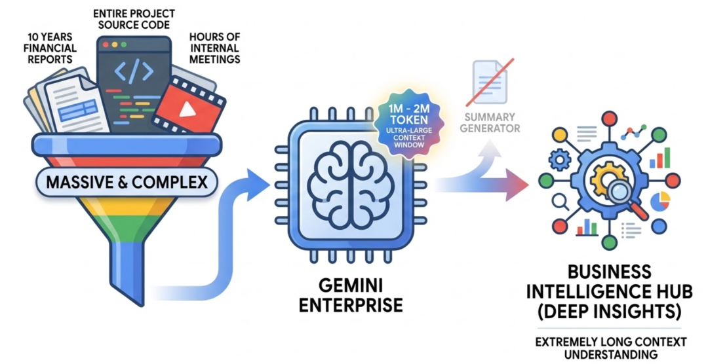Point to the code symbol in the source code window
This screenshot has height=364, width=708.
point(134,71)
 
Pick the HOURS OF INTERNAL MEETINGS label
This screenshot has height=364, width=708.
point(214,48)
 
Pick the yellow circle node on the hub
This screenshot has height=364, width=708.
point(559,134)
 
